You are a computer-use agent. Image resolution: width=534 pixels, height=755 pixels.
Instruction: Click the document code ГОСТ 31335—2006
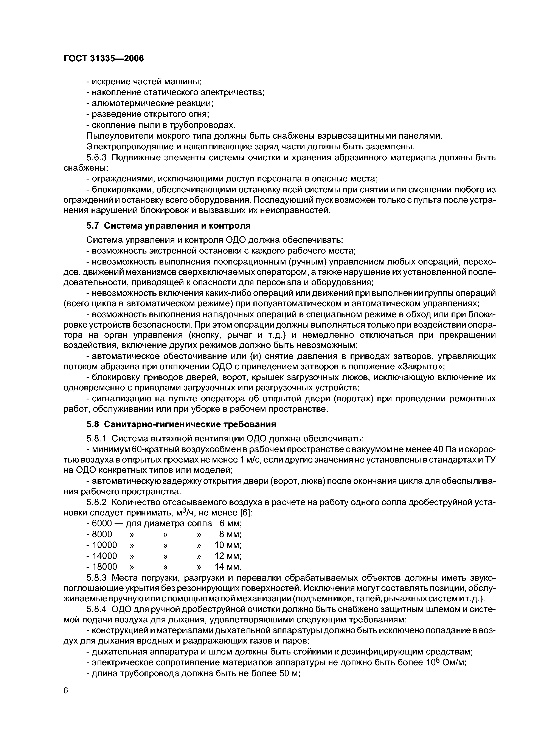pyautogui.click(x=103, y=59)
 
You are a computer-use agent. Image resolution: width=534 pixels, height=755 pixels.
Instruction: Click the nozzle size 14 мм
pyautogui.click(x=228, y=567)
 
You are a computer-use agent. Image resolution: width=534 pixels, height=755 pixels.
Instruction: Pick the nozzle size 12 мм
pyautogui.click(x=228, y=556)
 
